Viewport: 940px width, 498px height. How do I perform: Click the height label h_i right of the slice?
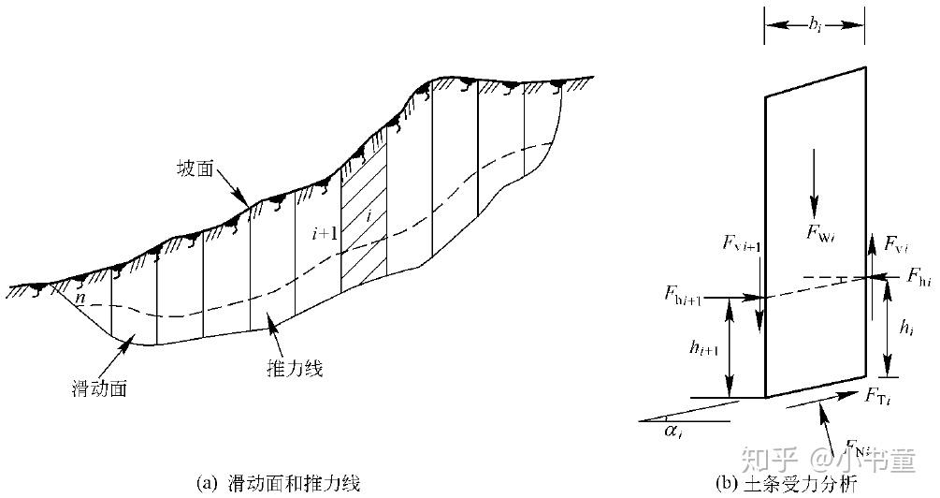point(906,327)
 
